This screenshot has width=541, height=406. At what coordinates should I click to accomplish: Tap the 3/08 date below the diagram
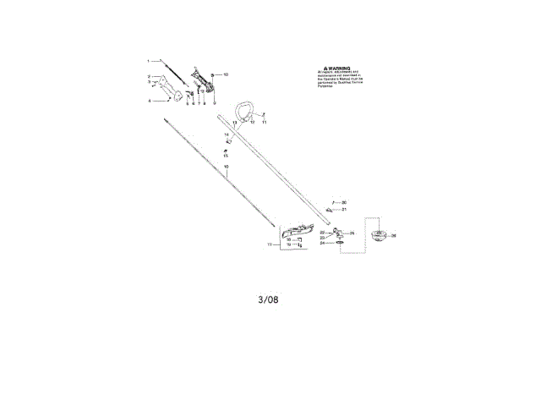pyautogui.click(x=269, y=299)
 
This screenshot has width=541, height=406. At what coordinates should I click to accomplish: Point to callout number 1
pyautogui.click(x=149, y=61)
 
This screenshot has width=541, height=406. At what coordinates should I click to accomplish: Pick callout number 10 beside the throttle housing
pyautogui.click(x=226, y=74)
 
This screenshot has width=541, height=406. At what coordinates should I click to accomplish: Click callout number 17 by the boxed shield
pyautogui.click(x=270, y=244)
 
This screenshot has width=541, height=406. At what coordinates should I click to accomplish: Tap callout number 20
pyautogui.click(x=344, y=202)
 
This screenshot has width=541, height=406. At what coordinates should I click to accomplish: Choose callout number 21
pyautogui.click(x=344, y=210)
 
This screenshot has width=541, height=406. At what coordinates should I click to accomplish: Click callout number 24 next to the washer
pyautogui.click(x=322, y=243)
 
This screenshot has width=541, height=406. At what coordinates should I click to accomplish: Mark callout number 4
pyautogui.click(x=150, y=101)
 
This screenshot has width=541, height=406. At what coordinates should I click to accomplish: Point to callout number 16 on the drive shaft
pyautogui.click(x=226, y=167)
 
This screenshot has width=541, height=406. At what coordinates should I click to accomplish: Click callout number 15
pyautogui.click(x=226, y=156)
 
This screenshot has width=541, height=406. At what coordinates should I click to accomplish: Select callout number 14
pyautogui.click(x=227, y=134)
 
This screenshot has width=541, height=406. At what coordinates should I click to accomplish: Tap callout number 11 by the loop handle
pyautogui.click(x=264, y=123)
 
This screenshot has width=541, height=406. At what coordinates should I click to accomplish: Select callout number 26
pyautogui.click(x=393, y=236)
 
